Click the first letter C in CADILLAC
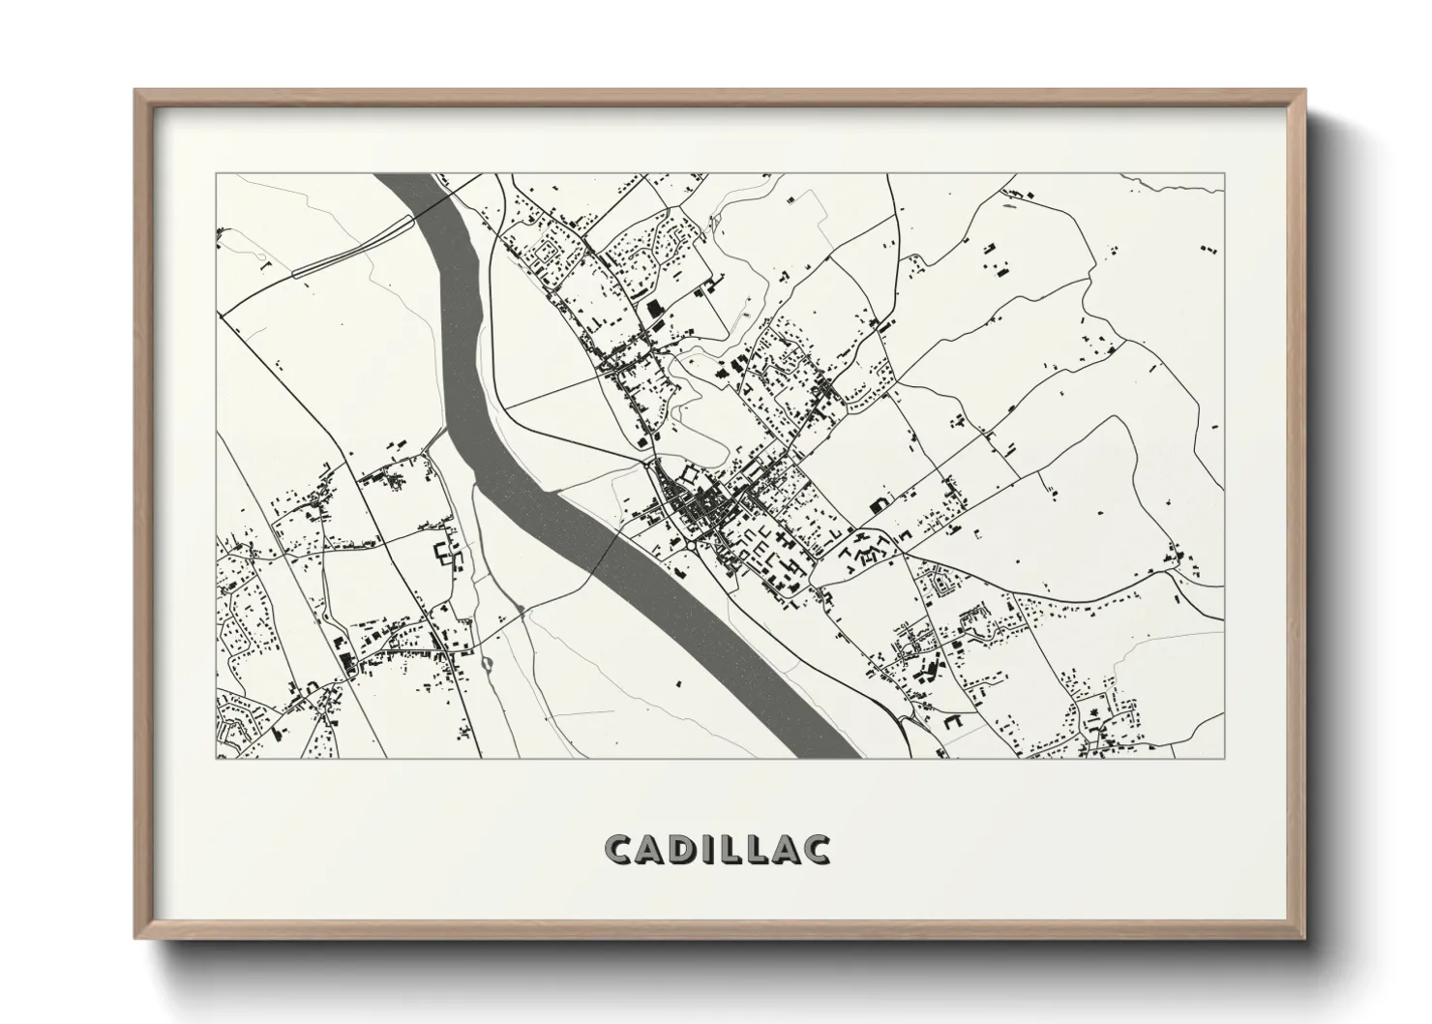620,849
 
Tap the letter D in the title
681,849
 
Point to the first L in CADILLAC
731,849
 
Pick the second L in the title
759,849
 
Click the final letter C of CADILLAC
816,849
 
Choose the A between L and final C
786,849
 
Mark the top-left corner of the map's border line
216,174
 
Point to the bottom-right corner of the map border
1224,758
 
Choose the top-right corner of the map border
1224,174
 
